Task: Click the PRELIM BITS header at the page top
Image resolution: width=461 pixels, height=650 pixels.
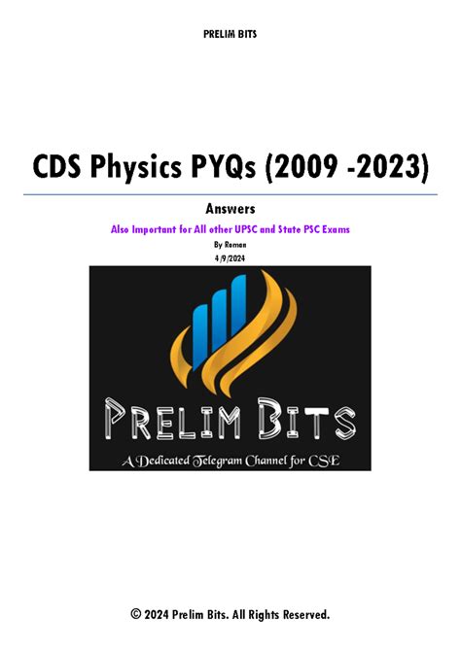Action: (x=230, y=35)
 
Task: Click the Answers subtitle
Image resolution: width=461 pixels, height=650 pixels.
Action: (x=230, y=209)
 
